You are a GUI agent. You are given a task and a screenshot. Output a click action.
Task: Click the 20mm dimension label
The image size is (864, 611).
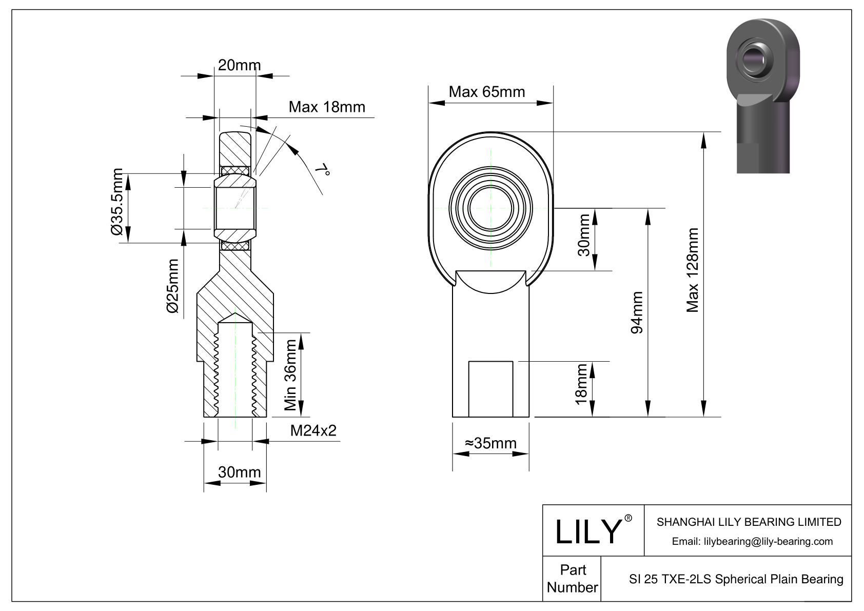[239, 65]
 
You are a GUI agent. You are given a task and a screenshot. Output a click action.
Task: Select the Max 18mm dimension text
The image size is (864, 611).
[327, 107]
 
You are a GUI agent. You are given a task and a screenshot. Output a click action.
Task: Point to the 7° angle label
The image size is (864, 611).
[322, 170]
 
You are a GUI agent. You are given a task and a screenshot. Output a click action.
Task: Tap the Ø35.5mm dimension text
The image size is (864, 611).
[117, 202]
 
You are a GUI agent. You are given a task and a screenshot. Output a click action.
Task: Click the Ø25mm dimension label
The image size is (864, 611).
[173, 286]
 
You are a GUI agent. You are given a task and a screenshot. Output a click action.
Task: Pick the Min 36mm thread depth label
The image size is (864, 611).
[290, 375]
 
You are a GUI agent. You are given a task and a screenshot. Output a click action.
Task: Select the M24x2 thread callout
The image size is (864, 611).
[313, 430]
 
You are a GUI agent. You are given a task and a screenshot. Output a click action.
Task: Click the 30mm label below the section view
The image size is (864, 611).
[239, 471]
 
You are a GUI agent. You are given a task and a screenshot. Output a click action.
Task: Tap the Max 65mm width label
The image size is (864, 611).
[486, 92]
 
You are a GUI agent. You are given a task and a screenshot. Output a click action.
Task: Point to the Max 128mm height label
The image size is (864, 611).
[693, 270]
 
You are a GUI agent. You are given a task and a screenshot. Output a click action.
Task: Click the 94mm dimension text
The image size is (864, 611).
[636, 312]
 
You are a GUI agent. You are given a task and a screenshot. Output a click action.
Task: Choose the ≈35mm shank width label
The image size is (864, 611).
[490, 443]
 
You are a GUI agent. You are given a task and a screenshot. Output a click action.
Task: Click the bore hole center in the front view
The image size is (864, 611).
[490, 208]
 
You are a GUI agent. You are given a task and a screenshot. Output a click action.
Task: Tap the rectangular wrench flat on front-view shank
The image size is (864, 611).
[490, 389]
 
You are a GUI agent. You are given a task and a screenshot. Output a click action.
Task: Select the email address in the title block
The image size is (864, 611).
[752, 541]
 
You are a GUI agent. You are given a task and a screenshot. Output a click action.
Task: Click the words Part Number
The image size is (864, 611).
[572, 579]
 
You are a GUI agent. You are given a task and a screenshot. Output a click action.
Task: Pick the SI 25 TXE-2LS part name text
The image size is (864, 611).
[736, 579]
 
